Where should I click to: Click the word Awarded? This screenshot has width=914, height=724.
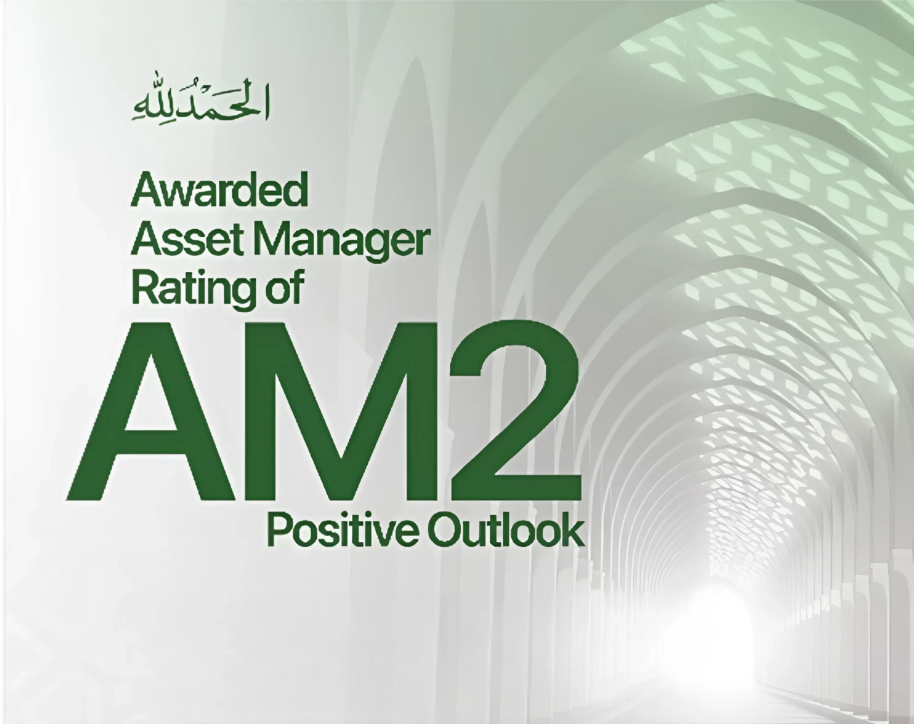point(219,190)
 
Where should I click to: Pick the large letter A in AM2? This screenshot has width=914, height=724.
point(151,411)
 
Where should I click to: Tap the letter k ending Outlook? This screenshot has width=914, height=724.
point(573,529)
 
